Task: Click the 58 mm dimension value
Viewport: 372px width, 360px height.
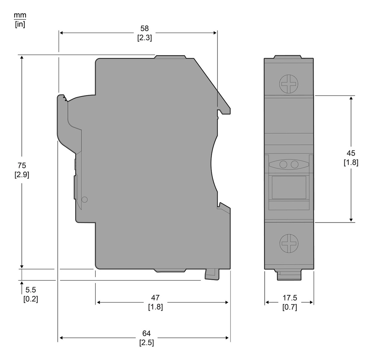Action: [144, 28]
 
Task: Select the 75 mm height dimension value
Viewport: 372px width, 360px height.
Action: [22, 165]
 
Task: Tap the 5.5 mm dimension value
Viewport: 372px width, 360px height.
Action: [31, 290]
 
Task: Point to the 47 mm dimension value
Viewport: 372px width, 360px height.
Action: [155, 298]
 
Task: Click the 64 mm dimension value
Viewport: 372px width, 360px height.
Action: [146, 333]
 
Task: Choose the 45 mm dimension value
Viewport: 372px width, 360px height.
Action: [351, 153]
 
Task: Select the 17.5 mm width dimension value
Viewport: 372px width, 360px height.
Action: [290, 298]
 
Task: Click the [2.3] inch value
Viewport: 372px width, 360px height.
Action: [144, 38]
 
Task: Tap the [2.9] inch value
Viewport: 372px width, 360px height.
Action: [22, 175]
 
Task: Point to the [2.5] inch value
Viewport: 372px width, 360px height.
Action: [146, 343]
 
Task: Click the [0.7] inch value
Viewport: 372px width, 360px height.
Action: [290, 307]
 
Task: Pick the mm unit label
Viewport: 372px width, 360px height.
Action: [20, 15]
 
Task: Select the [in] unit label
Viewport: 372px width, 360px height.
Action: [20, 24]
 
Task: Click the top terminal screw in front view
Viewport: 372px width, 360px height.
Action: [289, 84]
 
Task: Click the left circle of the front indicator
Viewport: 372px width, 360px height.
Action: [283, 164]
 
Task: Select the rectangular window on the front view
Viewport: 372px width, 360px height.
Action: [289, 187]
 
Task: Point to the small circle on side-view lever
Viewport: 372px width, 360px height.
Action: [85, 199]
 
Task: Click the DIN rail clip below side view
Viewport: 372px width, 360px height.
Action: [212, 274]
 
